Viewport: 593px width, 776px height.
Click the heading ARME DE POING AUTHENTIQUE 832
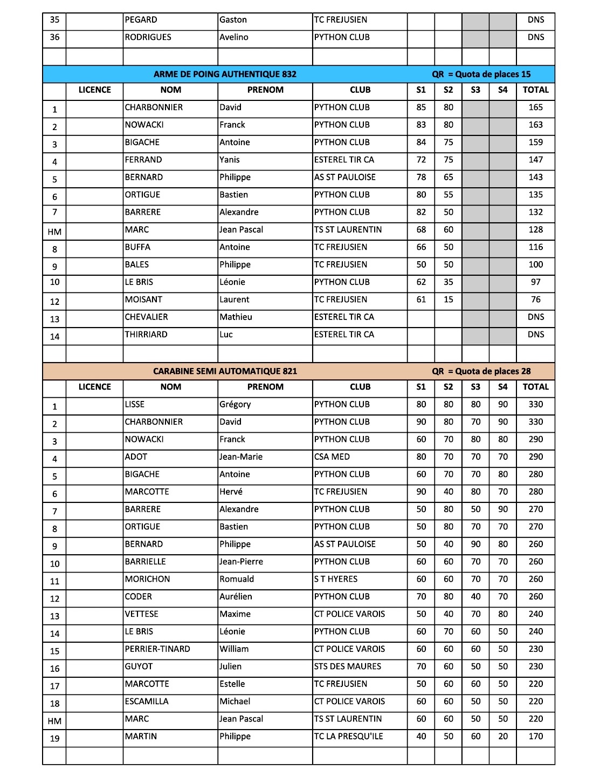(225, 74)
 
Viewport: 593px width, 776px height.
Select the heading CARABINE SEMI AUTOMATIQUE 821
(225, 371)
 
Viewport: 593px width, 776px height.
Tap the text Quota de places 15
(493, 74)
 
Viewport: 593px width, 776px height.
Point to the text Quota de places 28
(493, 371)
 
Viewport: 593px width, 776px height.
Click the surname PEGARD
(141, 20)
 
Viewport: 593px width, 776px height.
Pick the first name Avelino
(234, 37)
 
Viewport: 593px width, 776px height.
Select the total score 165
(535, 107)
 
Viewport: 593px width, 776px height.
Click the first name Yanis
(230, 160)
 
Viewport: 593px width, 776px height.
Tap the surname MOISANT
(143, 299)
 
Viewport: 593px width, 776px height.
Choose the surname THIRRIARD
(146, 335)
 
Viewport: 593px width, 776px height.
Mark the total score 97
(535, 282)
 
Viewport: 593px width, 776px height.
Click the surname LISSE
(135, 404)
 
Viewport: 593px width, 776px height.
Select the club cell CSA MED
(332, 457)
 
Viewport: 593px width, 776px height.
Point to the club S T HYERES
(336, 579)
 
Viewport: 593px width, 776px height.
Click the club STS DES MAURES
(348, 666)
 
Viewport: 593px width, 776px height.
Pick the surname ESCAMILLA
(147, 702)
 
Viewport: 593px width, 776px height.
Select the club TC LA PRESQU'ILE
(349, 737)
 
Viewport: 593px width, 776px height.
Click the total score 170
(535, 737)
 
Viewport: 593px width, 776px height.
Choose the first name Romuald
(237, 579)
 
